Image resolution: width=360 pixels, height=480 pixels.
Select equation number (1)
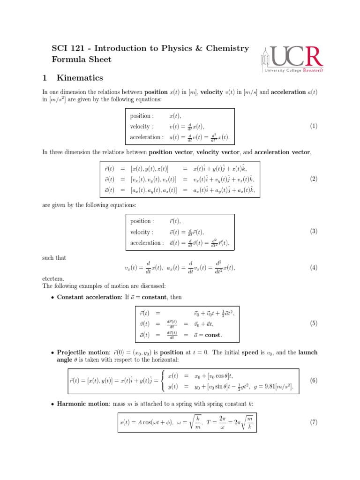(314, 126)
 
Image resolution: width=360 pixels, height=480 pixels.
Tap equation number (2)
(314, 179)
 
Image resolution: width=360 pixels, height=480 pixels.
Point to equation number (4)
(314, 267)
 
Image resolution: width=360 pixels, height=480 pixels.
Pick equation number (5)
(314, 323)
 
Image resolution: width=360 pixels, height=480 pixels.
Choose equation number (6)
(314, 381)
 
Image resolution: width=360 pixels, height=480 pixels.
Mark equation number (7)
(314, 422)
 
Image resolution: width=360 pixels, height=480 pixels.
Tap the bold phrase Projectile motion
(83, 352)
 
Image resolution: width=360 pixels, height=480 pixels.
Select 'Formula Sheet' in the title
(82, 59)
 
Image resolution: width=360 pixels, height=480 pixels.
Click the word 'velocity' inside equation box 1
(141, 127)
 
